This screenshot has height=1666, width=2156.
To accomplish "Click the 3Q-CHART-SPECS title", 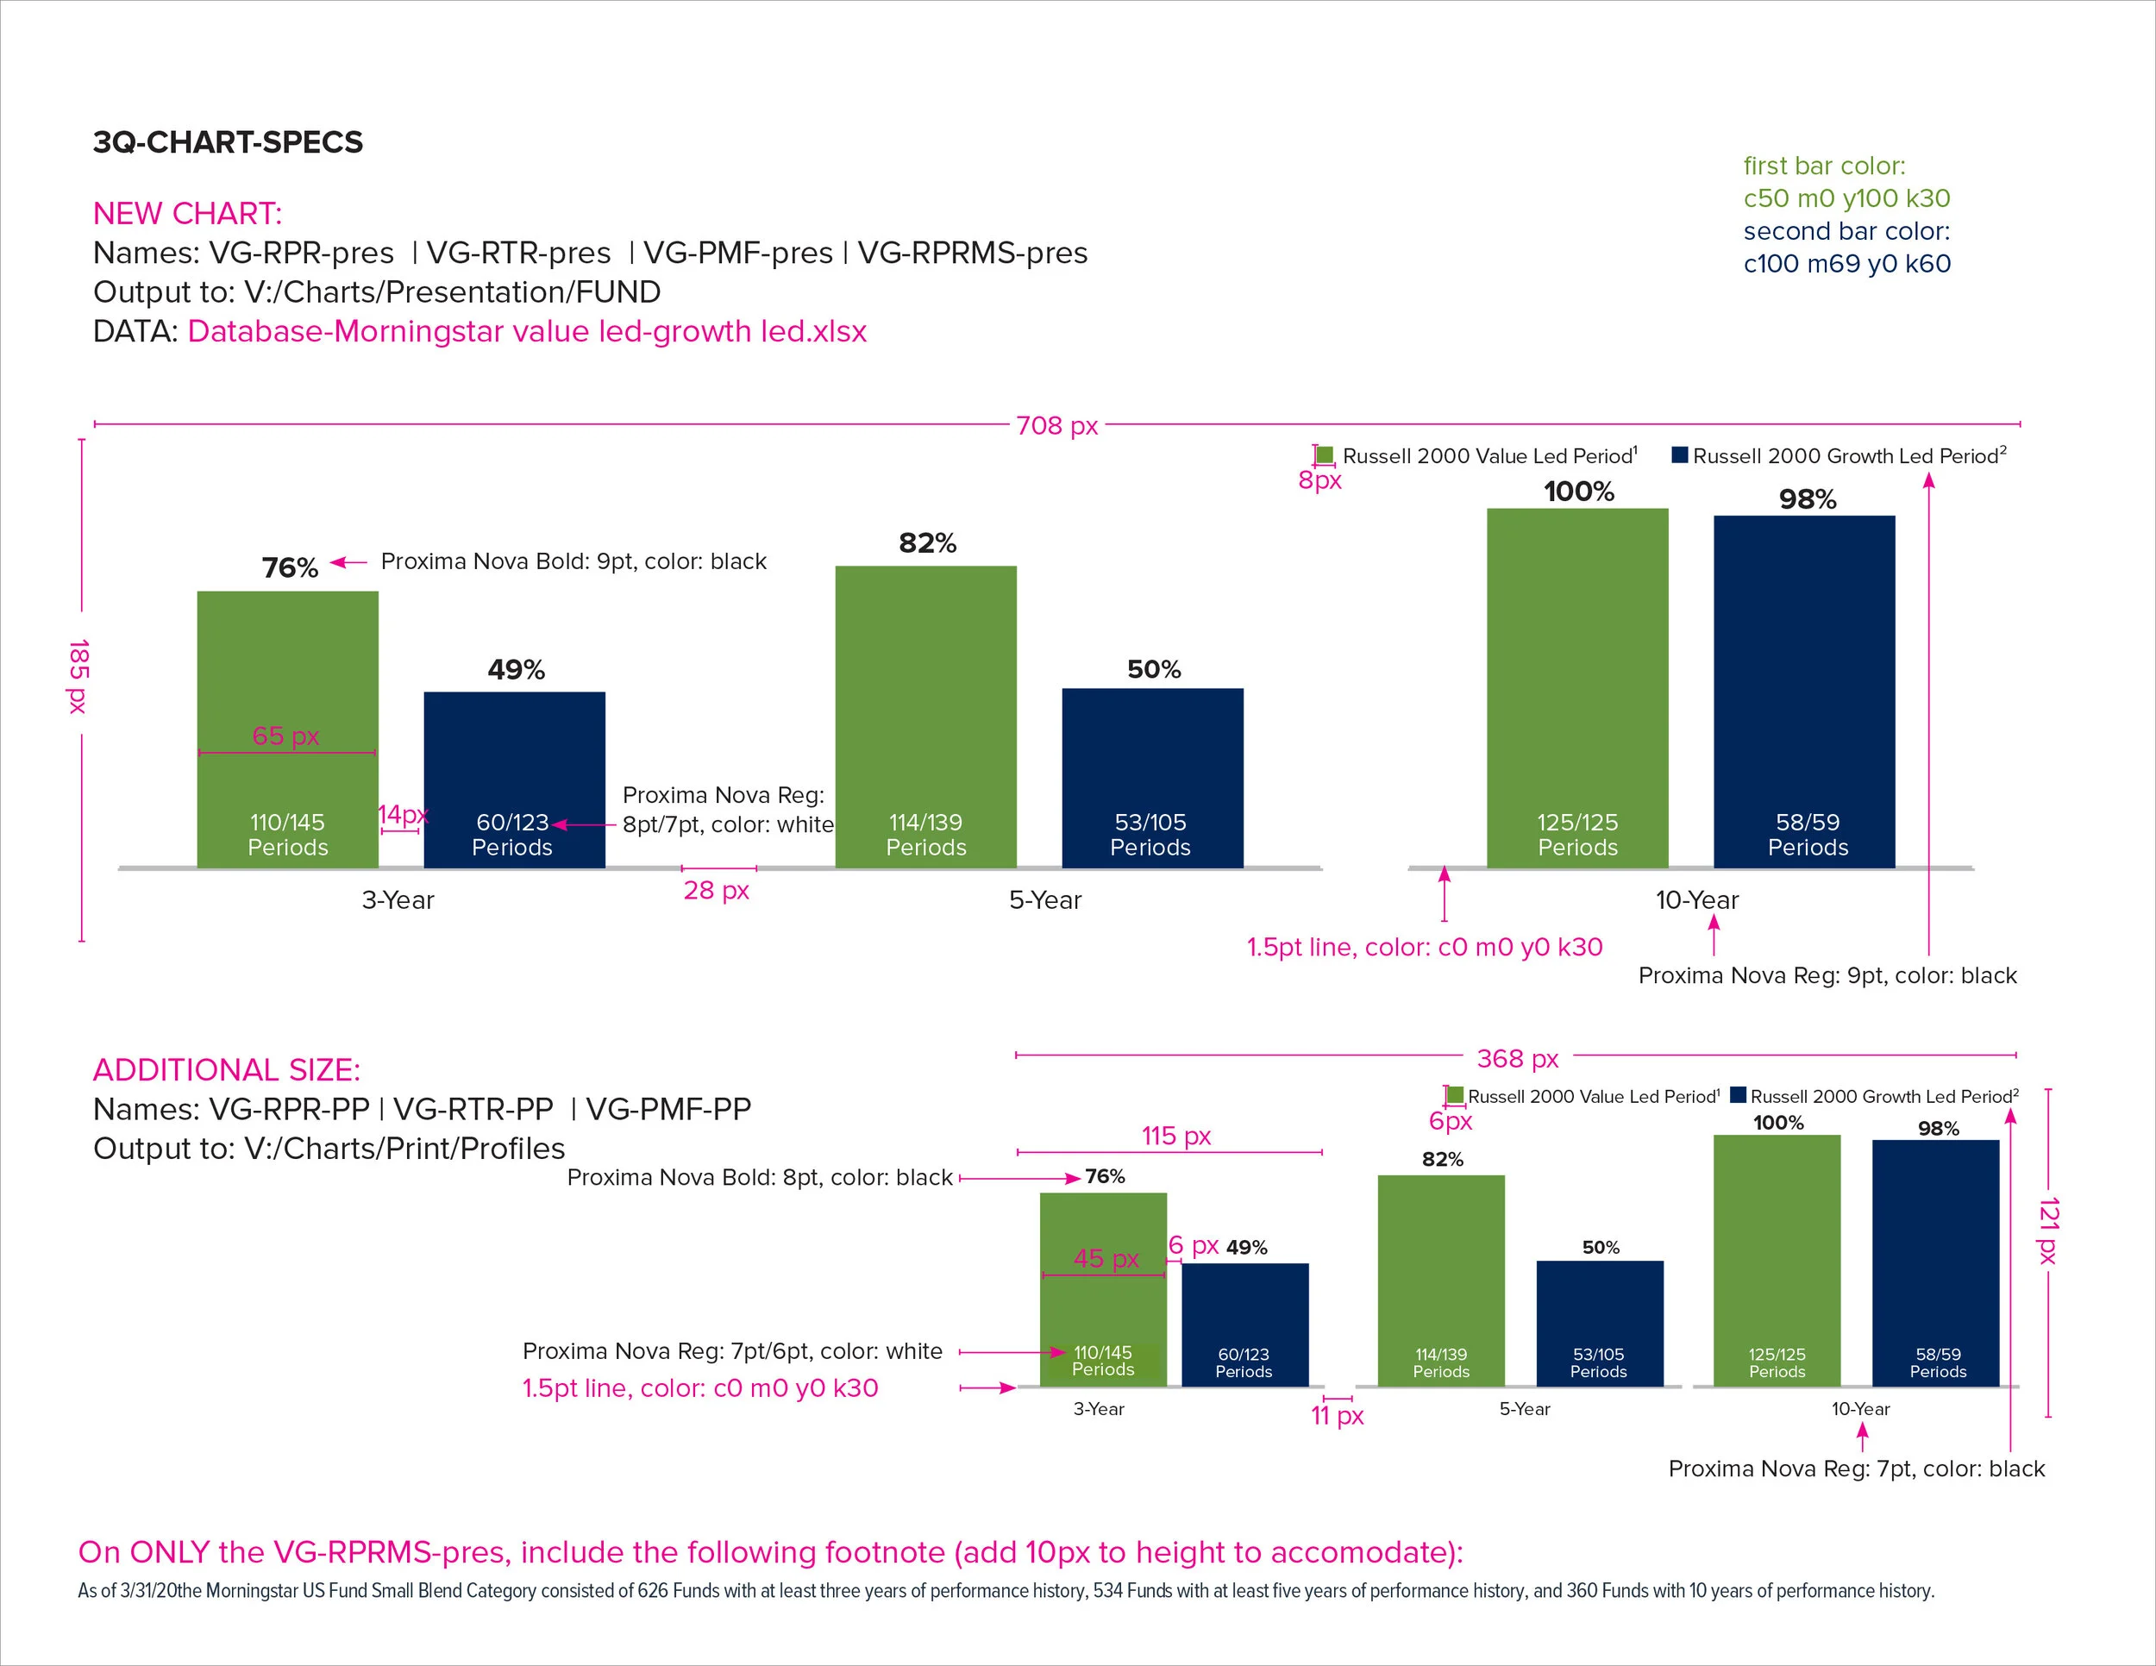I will point(228,142).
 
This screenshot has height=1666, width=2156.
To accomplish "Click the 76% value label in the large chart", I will point(289,567).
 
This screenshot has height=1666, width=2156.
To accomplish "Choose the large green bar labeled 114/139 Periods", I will point(925,691).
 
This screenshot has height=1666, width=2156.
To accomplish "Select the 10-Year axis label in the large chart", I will point(1696,900).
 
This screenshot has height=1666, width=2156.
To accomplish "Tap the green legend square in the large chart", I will point(1325,455).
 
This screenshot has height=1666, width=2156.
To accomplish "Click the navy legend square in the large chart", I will point(1679,455).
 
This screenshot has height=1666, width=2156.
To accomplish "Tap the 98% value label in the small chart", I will point(1938,1128).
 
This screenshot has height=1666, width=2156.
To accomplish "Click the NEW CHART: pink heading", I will point(187,213).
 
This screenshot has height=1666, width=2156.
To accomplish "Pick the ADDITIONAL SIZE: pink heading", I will point(227,1070).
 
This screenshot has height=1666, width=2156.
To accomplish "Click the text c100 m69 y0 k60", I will point(1846,264).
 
